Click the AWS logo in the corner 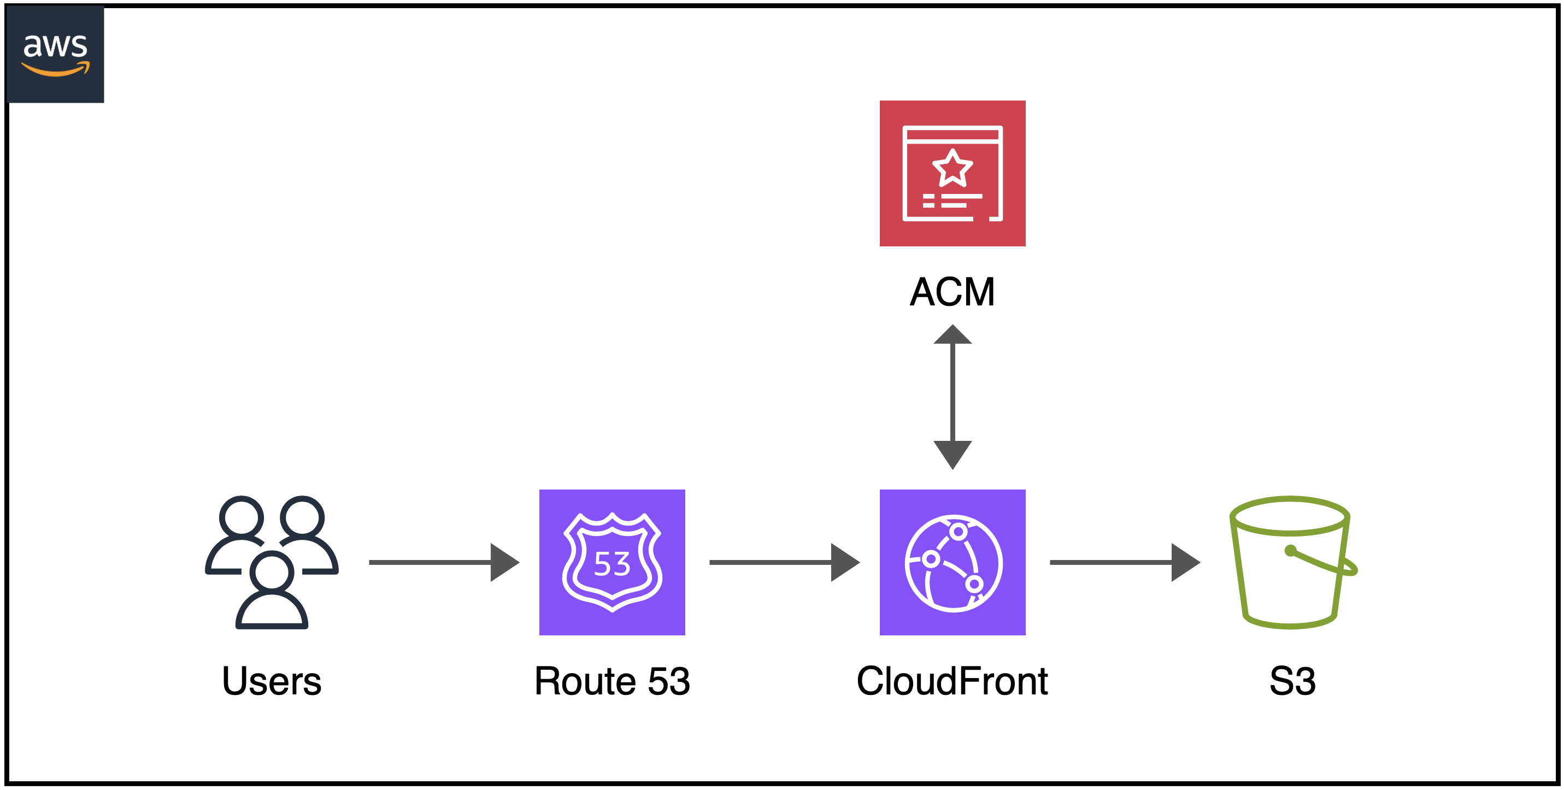55,54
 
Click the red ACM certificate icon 952,173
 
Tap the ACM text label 952,292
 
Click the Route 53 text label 612,681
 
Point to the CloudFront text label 952,681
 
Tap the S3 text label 1292,681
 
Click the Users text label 272,681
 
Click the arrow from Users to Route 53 444,563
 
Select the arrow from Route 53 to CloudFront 784,563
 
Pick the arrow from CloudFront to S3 1125,563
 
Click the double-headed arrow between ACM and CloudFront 952,397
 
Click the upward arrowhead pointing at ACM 952,334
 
